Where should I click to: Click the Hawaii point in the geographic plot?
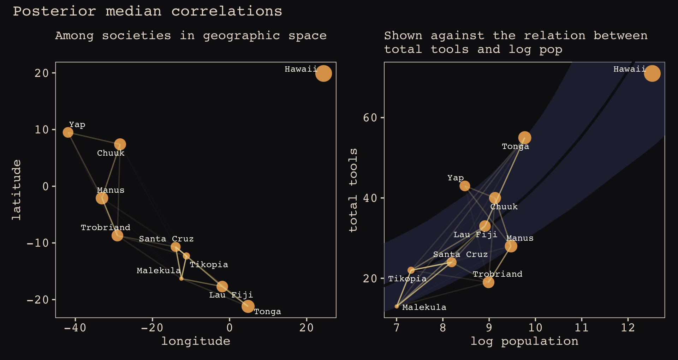tap(323, 73)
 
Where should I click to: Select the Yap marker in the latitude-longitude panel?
tap(68, 132)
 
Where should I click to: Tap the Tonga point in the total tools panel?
tap(525, 138)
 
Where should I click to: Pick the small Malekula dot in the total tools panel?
tap(397, 306)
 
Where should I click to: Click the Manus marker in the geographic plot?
tap(102, 198)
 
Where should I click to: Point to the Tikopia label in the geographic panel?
tap(209, 265)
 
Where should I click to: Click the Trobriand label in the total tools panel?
tap(497, 274)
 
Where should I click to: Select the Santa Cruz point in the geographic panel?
tap(176, 247)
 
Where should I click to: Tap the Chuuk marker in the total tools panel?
tap(495, 198)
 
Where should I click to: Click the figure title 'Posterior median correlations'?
tap(148, 11)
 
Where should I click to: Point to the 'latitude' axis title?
tap(17, 190)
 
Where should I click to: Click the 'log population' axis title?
tap(524, 341)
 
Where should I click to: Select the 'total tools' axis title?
tap(353, 190)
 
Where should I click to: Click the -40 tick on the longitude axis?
tap(75, 328)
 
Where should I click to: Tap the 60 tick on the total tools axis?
tap(370, 118)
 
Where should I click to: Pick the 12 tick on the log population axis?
tap(628, 328)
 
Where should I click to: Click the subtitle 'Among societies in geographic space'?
tap(191, 36)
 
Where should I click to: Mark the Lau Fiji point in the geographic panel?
tap(222, 287)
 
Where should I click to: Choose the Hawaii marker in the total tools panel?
tap(652, 73)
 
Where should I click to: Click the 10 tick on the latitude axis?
tap(42, 130)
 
